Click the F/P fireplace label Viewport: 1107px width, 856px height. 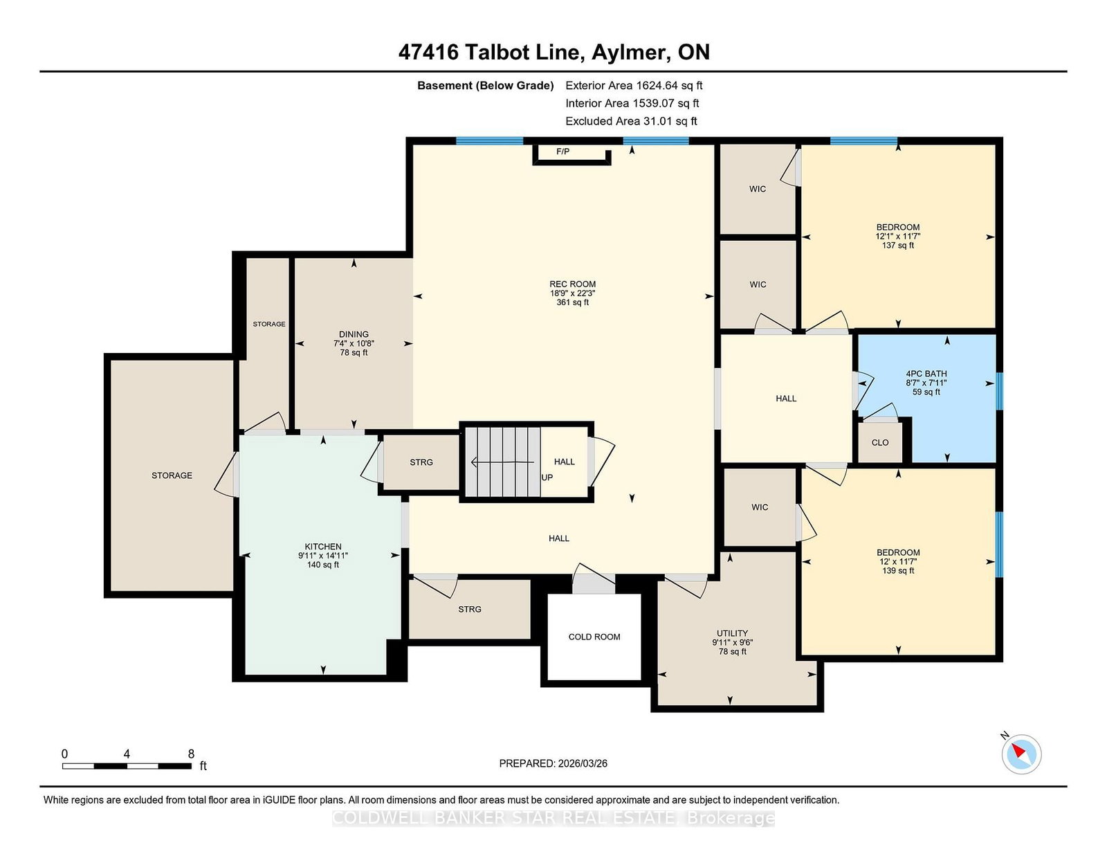562,152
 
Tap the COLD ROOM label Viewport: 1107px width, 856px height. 594,637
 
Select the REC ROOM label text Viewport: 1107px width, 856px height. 572,284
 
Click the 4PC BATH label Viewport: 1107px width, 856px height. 926,374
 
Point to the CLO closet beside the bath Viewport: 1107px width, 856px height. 880,442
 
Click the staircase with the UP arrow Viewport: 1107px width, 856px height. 503,462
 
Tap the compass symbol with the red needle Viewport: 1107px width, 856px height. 1021,754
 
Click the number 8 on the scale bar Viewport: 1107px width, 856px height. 191,754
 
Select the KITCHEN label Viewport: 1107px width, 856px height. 323,546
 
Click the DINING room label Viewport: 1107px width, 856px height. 354,334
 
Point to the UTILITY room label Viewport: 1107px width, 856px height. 732,632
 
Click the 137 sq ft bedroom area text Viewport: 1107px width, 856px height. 897,245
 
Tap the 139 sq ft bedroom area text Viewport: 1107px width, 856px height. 898,570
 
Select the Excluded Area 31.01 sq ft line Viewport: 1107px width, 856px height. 631,121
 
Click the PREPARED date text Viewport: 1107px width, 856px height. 553,763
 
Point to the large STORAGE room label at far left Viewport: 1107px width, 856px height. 172,475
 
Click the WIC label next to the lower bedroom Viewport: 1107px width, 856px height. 760,507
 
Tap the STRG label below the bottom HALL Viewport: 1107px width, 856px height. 469,609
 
